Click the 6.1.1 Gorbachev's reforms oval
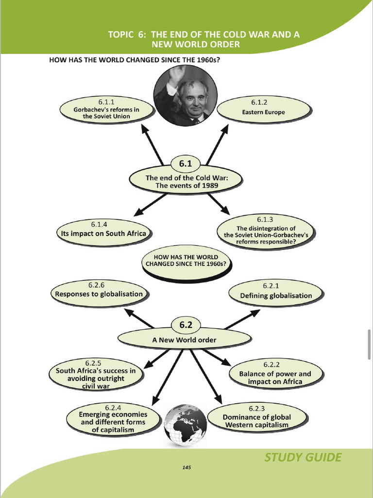[x=106, y=109]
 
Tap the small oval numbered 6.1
[x=186, y=164]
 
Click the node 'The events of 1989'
[x=186, y=181]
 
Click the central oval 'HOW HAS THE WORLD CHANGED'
[x=186, y=262]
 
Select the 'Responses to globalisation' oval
[x=99, y=292]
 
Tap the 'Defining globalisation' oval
[x=276, y=292]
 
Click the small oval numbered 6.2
[x=186, y=325]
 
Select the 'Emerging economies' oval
[x=113, y=419]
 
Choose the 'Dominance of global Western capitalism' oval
[x=257, y=417]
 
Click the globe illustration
[x=185, y=425]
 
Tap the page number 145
[x=186, y=467]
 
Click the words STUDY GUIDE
[x=303, y=457]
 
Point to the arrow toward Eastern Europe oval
[x=218, y=144]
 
